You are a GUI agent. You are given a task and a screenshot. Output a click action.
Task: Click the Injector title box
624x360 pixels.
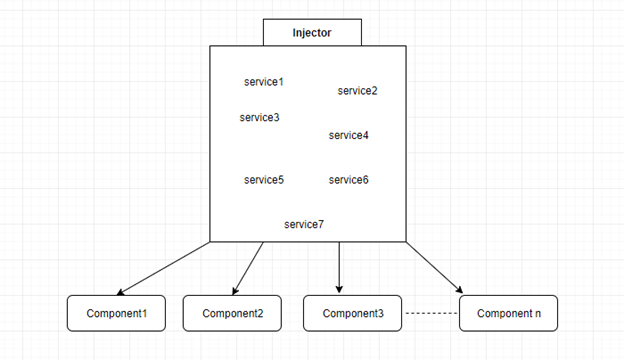click(312, 32)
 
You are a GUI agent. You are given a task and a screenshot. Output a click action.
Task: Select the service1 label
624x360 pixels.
click(264, 81)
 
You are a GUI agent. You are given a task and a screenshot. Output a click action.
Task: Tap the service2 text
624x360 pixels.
click(357, 91)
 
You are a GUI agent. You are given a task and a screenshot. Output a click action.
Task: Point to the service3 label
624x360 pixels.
click(259, 117)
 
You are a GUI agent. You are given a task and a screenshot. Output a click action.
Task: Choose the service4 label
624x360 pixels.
click(348, 135)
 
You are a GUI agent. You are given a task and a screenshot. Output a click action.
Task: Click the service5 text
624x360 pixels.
click(264, 180)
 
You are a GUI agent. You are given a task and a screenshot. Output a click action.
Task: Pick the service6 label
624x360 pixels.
click(348, 180)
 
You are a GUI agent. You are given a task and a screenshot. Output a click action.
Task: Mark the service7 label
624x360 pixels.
click(304, 224)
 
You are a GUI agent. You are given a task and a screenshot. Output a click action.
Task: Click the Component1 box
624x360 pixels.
click(117, 313)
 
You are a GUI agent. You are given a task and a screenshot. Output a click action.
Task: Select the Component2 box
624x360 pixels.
click(232, 313)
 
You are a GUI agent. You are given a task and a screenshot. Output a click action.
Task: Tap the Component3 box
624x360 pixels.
click(352, 313)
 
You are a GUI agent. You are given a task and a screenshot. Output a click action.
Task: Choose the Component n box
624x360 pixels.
click(509, 313)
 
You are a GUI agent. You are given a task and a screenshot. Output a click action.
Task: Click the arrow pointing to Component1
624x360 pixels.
click(165, 268)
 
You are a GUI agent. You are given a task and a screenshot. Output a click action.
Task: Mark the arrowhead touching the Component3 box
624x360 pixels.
click(340, 290)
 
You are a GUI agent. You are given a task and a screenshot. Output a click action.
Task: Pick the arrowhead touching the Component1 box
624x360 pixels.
click(122, 293)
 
